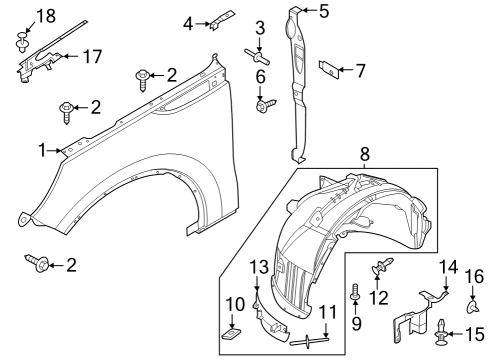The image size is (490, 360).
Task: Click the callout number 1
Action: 42,150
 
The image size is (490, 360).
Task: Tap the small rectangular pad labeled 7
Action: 325,69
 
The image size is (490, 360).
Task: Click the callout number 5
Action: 322,12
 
